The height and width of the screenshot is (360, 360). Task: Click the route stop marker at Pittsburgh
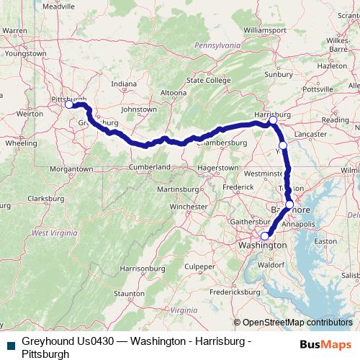click(69, 104)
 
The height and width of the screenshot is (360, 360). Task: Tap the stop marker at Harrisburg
click(273, 121)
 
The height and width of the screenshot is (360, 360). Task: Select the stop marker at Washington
click(264, 236)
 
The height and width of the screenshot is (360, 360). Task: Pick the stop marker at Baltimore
click(289, 205)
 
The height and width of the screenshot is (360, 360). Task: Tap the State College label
click(206, 80)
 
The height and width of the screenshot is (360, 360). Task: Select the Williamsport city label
click(265, 30)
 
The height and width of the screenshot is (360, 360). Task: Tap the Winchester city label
click(188, 207)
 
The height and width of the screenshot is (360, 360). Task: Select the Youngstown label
click(24, 53)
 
